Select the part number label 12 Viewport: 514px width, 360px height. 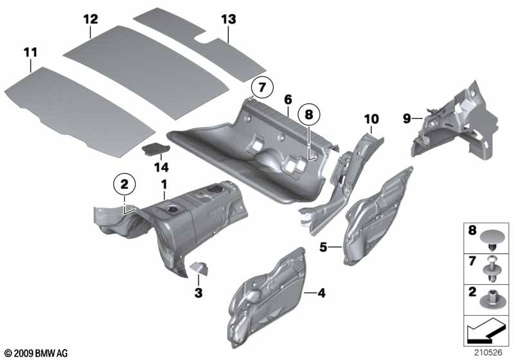pos(91,19)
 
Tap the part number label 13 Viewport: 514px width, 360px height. pos(229,19)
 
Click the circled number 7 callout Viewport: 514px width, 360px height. pos(261,86)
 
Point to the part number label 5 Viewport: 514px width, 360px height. pos(324,246)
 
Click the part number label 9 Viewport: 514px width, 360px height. pos(406,118)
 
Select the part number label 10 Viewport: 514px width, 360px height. pos(371,118)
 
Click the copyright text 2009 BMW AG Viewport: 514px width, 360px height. pos(35,354)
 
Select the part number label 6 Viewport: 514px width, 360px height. pos(288,99)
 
